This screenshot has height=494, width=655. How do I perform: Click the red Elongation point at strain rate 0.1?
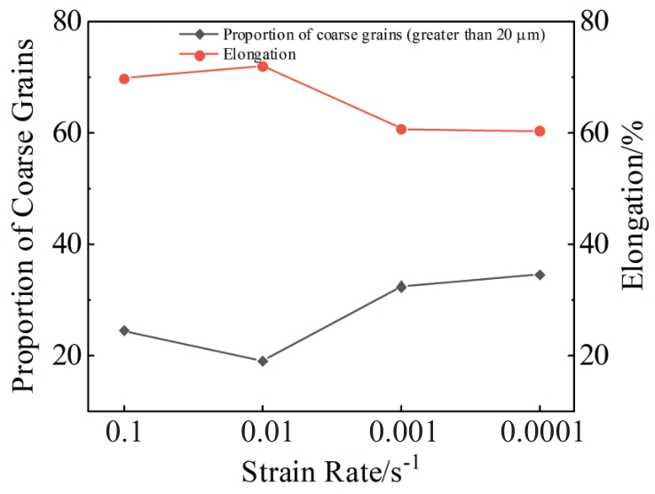click(124, 79)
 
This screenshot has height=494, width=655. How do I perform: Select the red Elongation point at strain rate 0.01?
click(263, 66)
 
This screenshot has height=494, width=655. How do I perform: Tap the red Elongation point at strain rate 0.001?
click(401, 130)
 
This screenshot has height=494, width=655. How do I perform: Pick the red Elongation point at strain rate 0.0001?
click(540, 131)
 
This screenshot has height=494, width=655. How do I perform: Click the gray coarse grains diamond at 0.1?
click(124, 331)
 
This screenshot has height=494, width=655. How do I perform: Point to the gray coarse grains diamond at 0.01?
click(263, 361)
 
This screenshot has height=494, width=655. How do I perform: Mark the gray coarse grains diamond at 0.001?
click(401, 287)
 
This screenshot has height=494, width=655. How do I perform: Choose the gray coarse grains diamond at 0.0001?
click(540, 275)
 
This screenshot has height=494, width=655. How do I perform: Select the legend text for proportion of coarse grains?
click(383, 36)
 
